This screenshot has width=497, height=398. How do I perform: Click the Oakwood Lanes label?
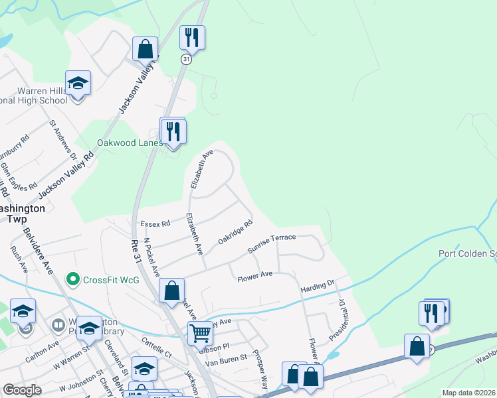tap(130, 143)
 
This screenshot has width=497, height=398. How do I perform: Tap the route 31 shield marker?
tap(185, 60)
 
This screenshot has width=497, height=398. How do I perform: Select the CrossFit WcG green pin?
tap(73, 279)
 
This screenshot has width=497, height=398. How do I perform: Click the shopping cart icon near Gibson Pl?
tap(200, 332)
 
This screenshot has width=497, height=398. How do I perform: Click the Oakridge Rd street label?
tap(236, 233)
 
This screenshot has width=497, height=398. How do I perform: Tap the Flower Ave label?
tap(255, 275)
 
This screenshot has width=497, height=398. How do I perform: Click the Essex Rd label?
tap(155, 224)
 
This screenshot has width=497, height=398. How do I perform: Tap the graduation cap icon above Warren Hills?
tap(78, 83)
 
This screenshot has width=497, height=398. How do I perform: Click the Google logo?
tap(22, 390)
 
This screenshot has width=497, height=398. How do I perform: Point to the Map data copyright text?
tap(468, 393)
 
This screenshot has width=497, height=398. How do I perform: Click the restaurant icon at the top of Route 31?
tap(192, 38)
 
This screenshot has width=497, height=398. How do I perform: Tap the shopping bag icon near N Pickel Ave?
tap(171, 291)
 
